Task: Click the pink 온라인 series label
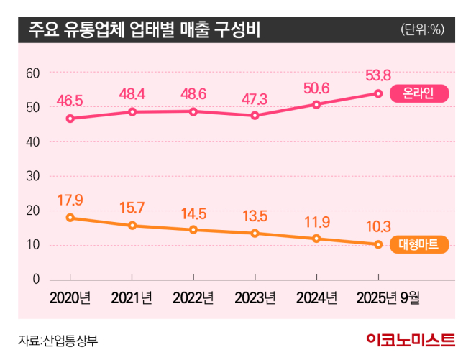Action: point(421,93)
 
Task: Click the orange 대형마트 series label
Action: point(421,244)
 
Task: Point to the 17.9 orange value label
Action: point(70,198)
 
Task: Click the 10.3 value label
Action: point(377,225)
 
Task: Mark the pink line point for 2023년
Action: point(255,115)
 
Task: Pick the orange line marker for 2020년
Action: point(70,218)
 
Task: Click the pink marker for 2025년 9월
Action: point(378,93)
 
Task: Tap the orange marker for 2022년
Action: point(193,230)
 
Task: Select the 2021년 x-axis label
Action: point(132,297)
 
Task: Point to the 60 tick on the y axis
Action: point(32,73)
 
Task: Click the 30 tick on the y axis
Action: point(32,176)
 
